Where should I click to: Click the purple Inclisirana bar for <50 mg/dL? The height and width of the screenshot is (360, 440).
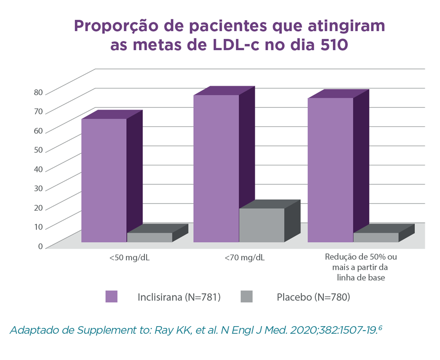click(x=104, y=180)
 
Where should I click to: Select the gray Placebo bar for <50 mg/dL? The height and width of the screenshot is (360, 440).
click(x=150, y=237)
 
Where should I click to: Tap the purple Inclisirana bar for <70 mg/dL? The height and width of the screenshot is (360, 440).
click(x=216, y=168)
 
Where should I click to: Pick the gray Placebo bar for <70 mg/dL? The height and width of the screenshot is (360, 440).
click(x=261, y=225)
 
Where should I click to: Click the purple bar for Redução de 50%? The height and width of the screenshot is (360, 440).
click(x=330, y=170)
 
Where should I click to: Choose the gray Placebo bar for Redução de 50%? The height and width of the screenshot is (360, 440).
click(x=376, y=237)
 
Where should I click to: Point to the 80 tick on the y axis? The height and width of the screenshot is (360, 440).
click(x=38, y=92)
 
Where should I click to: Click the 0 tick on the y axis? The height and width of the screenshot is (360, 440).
click(x=40, y=246)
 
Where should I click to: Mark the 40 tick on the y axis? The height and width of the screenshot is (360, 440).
click(x=38, y=169)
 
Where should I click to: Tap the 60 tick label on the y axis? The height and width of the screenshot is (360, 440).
click(x=38, y=131)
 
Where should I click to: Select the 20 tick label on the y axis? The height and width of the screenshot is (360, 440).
click(x=38, y=207)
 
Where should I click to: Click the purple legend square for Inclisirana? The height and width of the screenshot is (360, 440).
click(x=111, y=297)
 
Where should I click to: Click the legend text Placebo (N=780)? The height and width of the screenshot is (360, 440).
click(x=313, y=297)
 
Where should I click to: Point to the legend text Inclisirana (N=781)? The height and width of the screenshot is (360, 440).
click(x=179, y=297)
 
